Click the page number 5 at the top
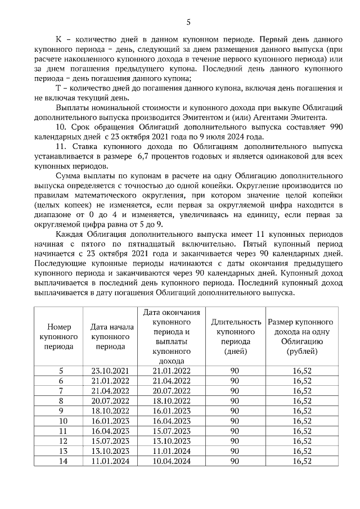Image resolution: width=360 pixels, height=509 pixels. click(x=188, y=22)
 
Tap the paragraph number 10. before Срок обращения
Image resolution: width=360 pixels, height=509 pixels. click(x=62, y=128)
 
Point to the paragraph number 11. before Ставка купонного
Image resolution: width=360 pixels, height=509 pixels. click(x=62, y=146)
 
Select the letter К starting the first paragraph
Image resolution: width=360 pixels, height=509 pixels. click(x=58, y=40)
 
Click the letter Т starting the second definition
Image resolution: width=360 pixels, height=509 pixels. click(x=58, y=88)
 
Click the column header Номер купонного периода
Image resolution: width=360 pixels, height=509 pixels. click(x=58, y=336)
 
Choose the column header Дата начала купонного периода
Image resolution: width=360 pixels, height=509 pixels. click(x=110, y=336)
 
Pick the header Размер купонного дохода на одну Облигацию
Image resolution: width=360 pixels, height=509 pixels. click(x=301, y=336)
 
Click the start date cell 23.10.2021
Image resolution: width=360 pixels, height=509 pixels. click(x=110, y=371)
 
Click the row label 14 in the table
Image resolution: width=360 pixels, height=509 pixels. click(x=63, y=461)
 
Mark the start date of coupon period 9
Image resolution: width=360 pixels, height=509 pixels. click(x=110, y=411)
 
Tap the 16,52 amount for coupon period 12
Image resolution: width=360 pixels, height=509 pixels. click(x=302, y=441)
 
